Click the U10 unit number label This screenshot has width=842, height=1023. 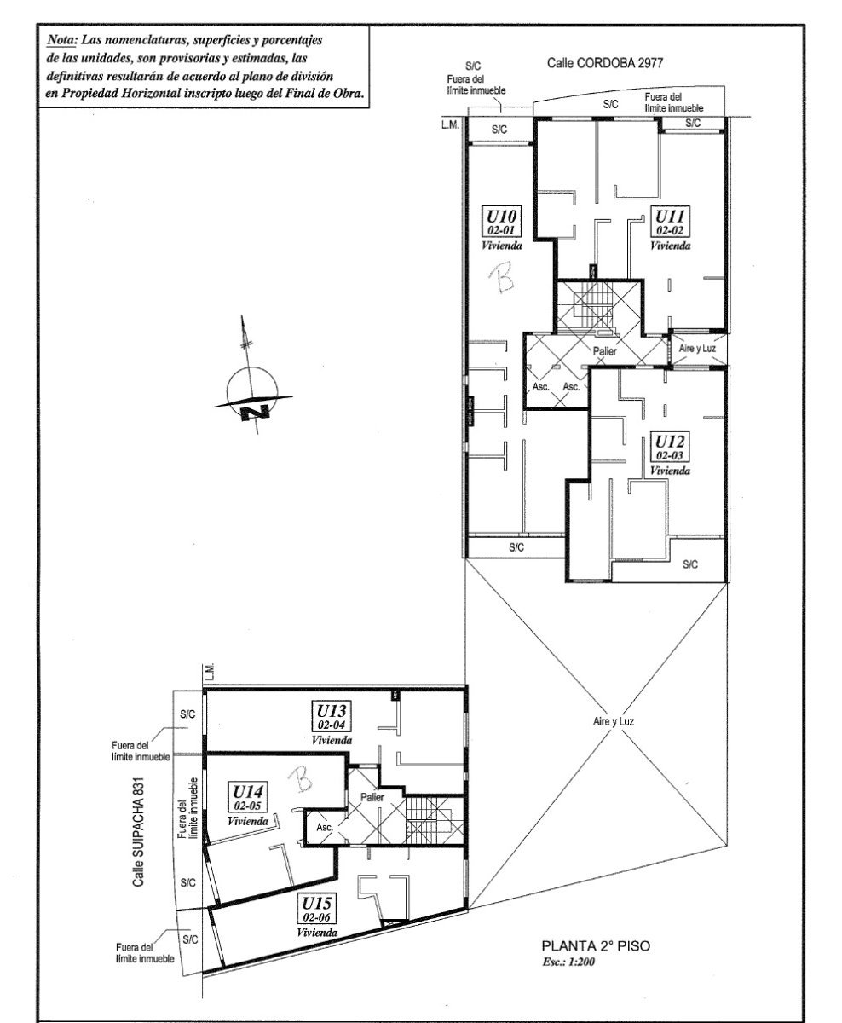(501, 216)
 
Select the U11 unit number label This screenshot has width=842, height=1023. (670, 216)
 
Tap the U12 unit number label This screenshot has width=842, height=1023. (669, 442)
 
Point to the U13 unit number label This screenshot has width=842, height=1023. (332, 711)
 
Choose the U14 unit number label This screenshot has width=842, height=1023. (247, 792)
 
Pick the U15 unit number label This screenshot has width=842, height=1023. (317, 903)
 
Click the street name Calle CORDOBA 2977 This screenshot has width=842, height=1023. (605, 63)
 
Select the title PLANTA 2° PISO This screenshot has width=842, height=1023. (596, 946)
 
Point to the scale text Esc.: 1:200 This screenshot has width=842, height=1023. (568, 962)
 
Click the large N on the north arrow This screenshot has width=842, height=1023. (256, 413)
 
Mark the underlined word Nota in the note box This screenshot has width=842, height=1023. (61, 40)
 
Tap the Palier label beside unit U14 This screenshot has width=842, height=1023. (372, 797)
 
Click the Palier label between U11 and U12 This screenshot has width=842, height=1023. (604, 350)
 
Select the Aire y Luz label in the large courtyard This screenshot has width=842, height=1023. (614, 721)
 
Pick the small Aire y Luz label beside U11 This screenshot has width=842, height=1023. (697, 349)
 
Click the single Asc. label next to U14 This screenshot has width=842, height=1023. (325, 827)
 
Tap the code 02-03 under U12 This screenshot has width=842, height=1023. (669, 455)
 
